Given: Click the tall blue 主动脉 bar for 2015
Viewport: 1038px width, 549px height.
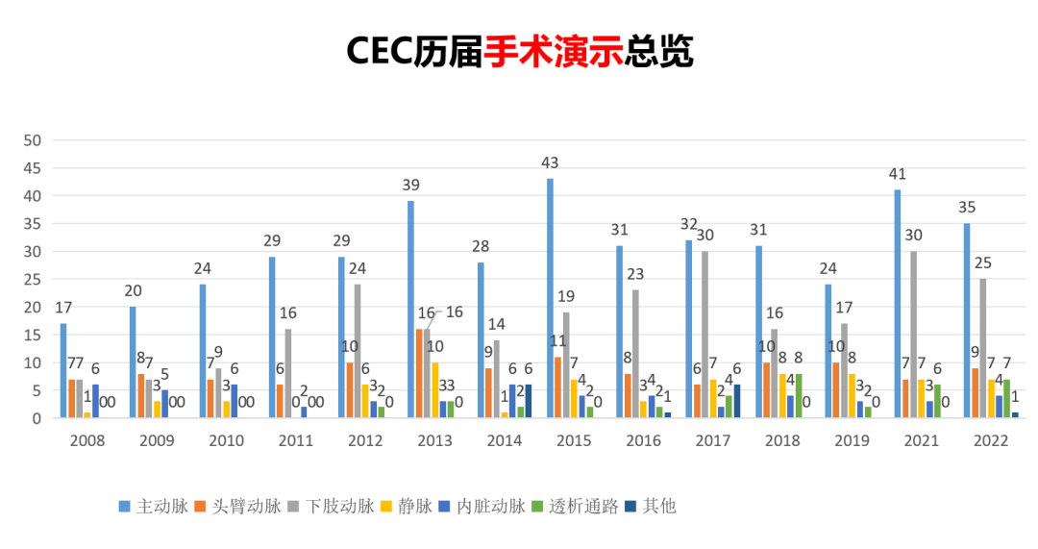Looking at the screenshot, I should point(550,298).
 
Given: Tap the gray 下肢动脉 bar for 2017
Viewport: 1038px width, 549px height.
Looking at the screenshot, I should point(705,335).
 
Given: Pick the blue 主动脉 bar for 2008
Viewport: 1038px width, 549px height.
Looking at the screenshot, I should point(63,370).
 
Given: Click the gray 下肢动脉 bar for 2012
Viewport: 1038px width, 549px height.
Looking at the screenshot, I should point(358,351).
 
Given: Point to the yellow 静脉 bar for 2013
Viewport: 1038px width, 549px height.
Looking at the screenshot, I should point(434,390).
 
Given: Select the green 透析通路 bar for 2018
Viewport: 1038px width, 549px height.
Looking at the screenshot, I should point(799,396).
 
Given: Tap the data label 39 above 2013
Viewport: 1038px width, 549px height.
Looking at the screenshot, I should point(410,185).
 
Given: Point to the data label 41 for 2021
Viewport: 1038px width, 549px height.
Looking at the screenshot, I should point(898,174).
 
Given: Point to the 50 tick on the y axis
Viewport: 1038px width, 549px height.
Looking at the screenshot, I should point(32,140).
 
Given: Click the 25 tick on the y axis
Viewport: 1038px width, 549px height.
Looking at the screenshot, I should point(32,280).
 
